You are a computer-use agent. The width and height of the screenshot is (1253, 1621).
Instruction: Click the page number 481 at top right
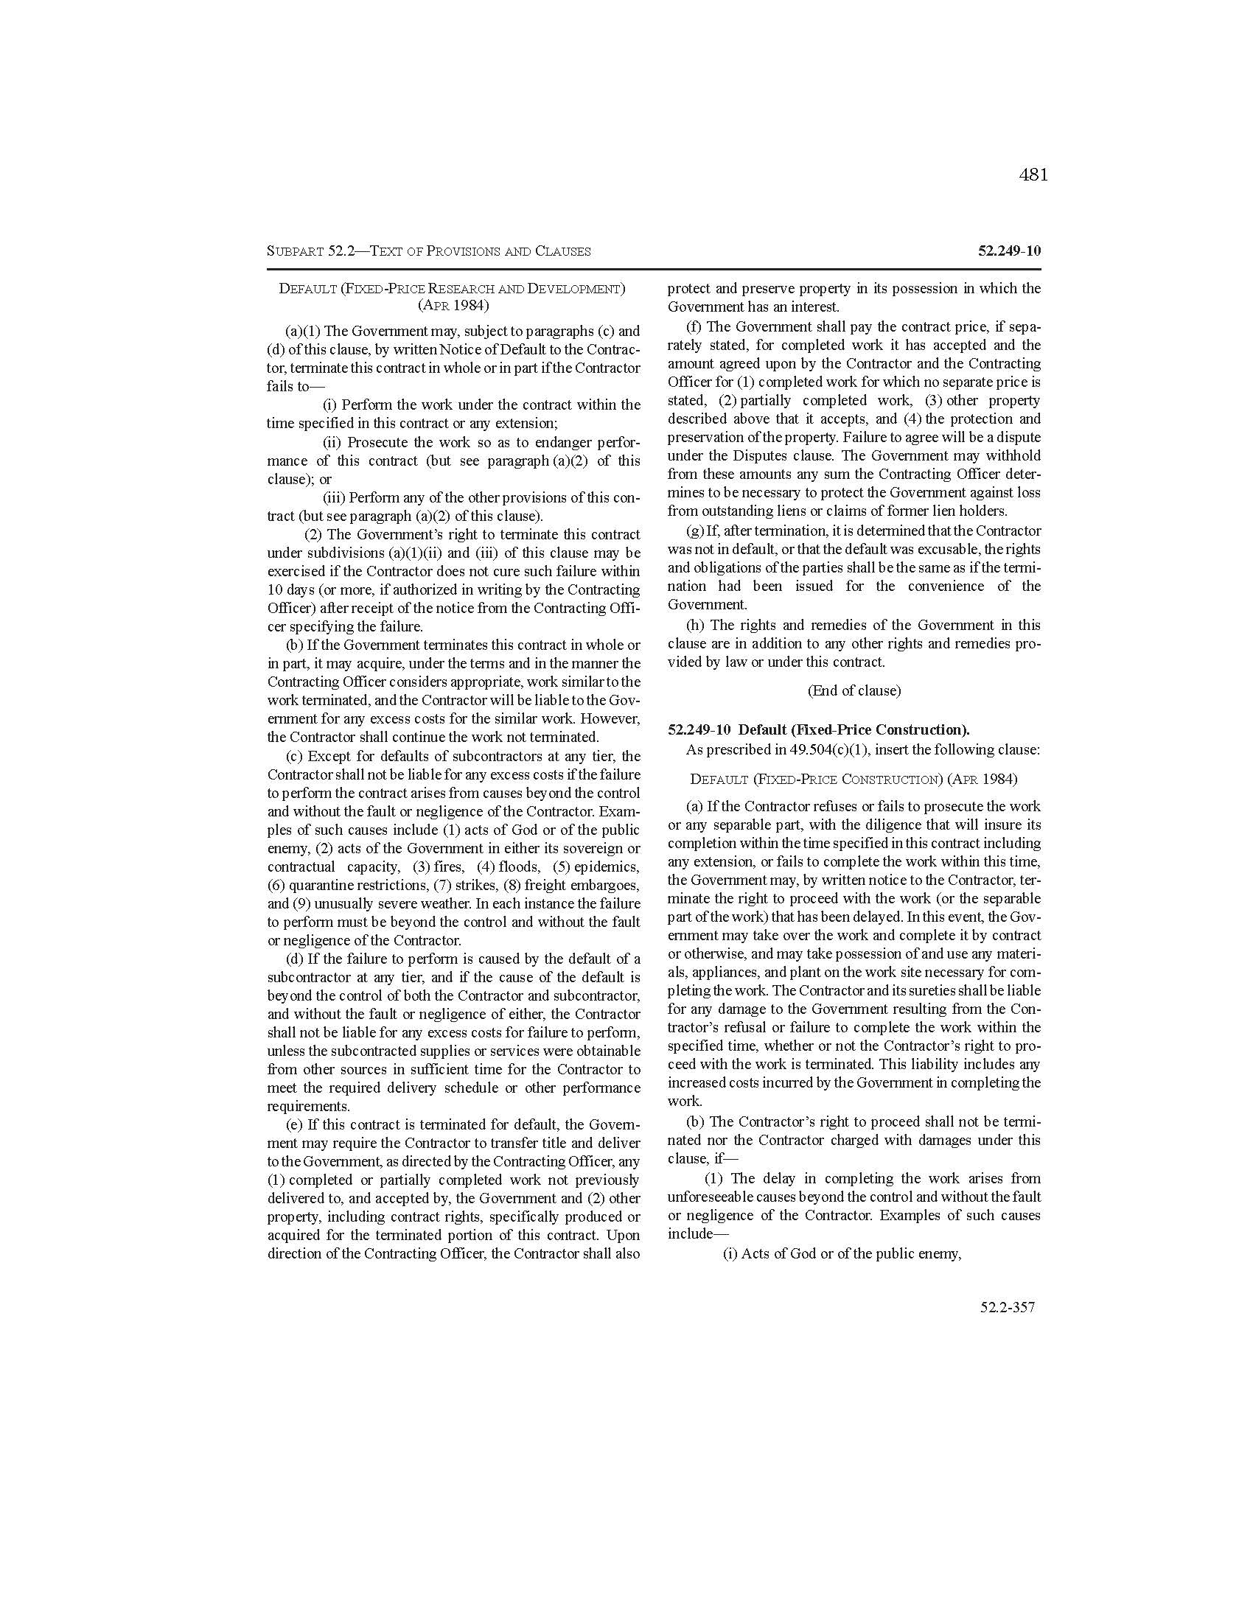click(1033, 175)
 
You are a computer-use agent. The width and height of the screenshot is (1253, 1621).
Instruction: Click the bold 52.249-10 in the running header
click(1009, 251)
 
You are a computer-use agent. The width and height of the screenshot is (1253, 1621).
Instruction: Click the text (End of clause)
click(854, 690)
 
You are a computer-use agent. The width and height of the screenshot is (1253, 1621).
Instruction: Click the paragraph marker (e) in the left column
click(295, 1124)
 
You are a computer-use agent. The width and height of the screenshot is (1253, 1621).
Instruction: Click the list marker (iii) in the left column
click(333, 497)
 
